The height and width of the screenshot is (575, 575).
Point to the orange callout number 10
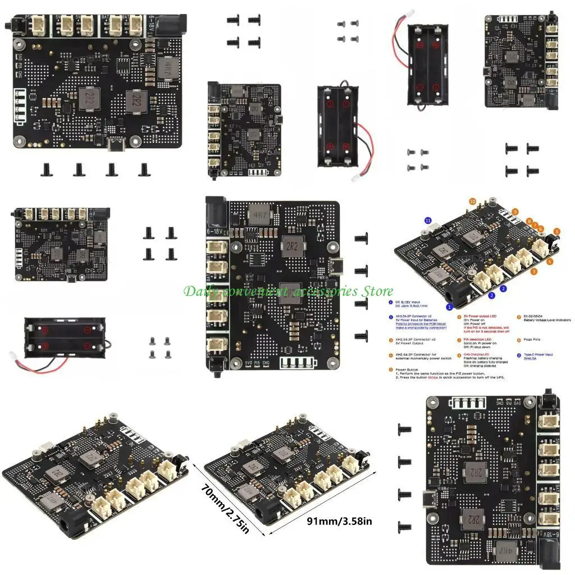point(472,201)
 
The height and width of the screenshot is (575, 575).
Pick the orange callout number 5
point(557,231)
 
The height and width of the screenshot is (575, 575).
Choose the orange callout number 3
point(534,271)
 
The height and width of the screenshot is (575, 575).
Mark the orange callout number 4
point(550,261)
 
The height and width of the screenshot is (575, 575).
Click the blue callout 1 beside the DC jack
point(449,307)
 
